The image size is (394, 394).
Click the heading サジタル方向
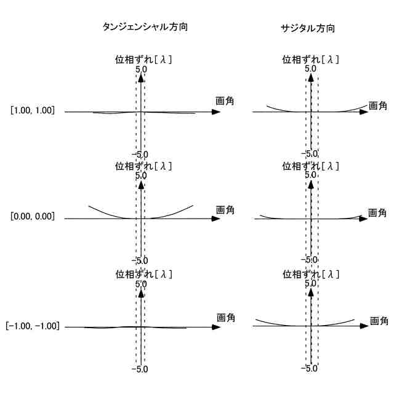point(307,28)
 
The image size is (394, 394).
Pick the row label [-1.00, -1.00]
point(33,326)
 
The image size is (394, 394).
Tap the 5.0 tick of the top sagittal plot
point(310,69)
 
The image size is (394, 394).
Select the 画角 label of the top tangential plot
point(225,101)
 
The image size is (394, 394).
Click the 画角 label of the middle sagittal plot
point(377,213)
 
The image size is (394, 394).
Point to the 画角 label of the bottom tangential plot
point(226,318)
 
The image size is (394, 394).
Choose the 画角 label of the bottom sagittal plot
point(379,321)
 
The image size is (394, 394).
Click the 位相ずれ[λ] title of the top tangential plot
point(143,60)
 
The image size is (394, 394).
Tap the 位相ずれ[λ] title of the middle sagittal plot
point(311,166)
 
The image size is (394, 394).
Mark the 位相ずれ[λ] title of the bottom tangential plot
point(143,274)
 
